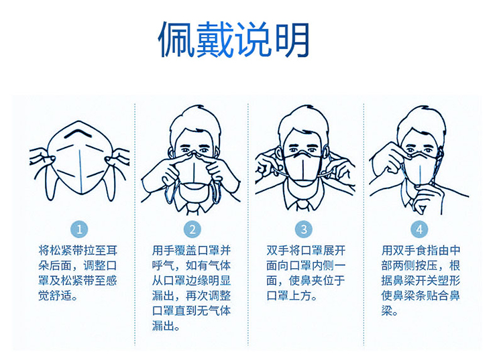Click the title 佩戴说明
coord(234,40)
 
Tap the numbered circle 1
coord(79,229)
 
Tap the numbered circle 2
coord(192,229)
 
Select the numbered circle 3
coord(304,229)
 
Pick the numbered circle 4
coord(419,229)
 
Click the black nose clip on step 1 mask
coord(78,132)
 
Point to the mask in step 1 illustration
coord(80,158)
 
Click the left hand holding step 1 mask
coord(42,159)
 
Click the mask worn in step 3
coord(303,167)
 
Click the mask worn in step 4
coord(421,168)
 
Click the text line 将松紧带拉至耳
coord(78,250)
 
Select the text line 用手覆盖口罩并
coord(192,250)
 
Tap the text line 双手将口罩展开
coord(306,250)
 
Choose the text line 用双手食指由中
coord(421,250)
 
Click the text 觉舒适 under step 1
coord(56,296)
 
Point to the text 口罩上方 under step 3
coord(289,296)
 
